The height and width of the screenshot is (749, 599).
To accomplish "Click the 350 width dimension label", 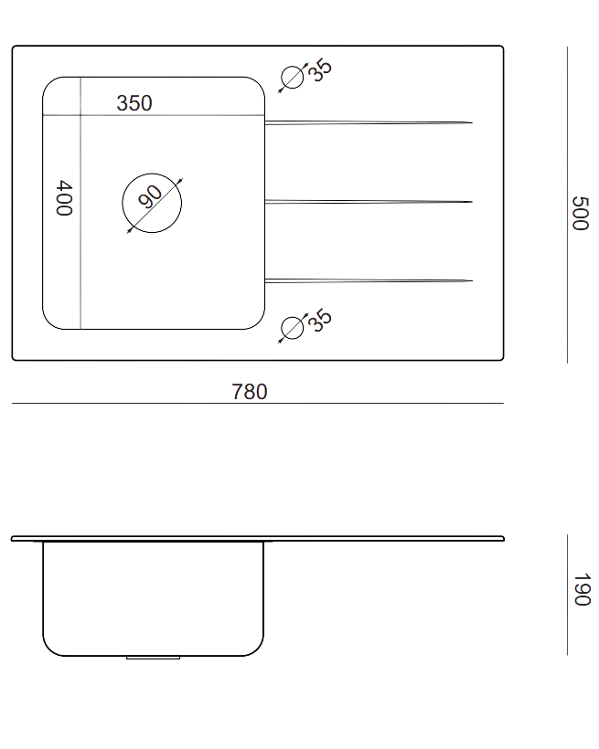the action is pyautogui.click(x=134, y=103).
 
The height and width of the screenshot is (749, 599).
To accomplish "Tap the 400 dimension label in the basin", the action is pyautogui.click(x=64, y=198).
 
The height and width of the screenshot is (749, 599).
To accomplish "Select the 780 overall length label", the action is pyautogui.click(x=250, y=392).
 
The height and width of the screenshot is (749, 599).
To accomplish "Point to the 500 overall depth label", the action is pyautogui.click(x=580, y=213).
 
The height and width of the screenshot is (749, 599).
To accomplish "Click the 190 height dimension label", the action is pyautogui.click(x=582, y=589).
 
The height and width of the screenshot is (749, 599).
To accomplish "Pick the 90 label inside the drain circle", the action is pyautogui.click(x=150, y=196).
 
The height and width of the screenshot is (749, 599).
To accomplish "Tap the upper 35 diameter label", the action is pyautogui.click(x=319, y=70).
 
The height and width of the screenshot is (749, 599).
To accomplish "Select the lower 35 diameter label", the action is pyautogui.click(x=319, y=320).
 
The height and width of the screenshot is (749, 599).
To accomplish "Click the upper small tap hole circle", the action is pyautogui.click(x=293, y=78).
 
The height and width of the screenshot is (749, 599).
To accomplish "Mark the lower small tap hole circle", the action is pyautogui.click(x=293, y=328).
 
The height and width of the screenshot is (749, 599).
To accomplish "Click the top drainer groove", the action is pyautogui.click(x=369, y=122).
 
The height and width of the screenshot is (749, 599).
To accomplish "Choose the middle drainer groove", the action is pyautogui.click(x=369, y=202).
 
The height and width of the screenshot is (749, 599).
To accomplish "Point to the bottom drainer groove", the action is pyautogui.click(x=369, y=280).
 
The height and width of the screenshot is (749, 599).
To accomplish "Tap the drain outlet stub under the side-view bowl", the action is pyautogui.click(x=153, y=658).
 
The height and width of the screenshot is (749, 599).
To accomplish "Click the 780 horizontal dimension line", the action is pyautogui.click(x=257, y=403).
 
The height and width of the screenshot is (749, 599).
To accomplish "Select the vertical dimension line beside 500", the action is pyautogui.click(x=567, y=205).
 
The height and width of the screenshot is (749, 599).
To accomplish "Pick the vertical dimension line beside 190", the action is pyautogui.click(x=567, y=595).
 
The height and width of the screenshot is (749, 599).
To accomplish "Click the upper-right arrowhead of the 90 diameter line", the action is pyautogui.click(x=179, y=181).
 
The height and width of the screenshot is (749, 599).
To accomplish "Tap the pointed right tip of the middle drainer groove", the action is pyautogui.click(x=472, y=202).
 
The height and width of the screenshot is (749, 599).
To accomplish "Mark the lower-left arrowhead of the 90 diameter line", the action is pyautogui.click(x=129, y=231).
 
